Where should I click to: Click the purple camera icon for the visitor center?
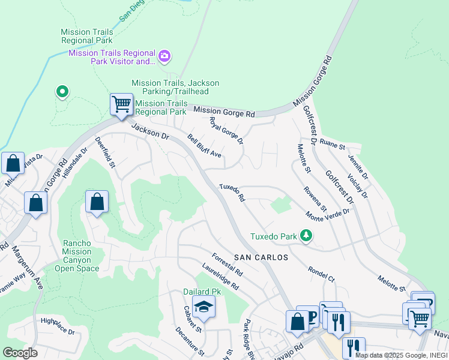point(164,57)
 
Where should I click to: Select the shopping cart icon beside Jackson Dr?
point(121,104)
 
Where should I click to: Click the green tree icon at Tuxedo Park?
point(307,236)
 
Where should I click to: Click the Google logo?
point(20,353)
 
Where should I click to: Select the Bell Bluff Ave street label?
point(204,146)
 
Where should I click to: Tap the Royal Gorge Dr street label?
point(226,130)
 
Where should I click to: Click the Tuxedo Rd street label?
point(232,193)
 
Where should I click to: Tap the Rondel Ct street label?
point(321,274)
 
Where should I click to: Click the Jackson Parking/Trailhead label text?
point(175,87)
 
